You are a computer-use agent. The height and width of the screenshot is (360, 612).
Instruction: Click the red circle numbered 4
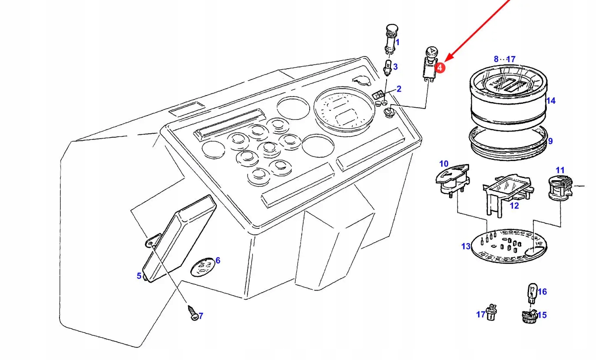click(440, 68)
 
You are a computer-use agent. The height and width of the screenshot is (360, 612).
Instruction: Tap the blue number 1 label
click(397, 43)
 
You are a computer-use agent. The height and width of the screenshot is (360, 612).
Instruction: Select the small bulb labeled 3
click(388, 67)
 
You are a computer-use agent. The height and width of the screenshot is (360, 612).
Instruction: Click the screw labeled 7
click(192, 312)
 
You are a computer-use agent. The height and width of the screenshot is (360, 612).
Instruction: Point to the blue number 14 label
click(551, 101)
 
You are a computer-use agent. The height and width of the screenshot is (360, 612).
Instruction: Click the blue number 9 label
click(550, 141)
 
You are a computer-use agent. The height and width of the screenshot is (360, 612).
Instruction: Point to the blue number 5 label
click(139, 276)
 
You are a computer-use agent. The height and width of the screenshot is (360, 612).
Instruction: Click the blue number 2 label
click(399, 89)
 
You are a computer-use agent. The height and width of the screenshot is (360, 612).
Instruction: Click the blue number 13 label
click(466, 247)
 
